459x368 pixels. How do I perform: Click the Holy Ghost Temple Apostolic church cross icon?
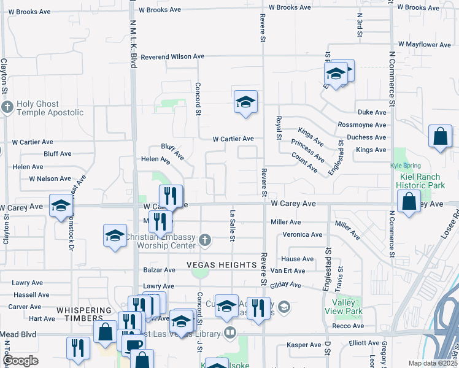tap(7, 108)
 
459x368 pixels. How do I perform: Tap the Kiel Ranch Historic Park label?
tap(419, 180)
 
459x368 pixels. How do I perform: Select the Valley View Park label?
tap(347, 307)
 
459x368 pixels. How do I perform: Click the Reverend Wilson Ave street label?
tap(172, 56)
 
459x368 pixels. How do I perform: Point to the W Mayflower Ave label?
tap(424, 45)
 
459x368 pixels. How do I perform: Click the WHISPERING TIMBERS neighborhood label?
tap(85, 310)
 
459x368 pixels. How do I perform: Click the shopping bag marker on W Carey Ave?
tap(409, 202)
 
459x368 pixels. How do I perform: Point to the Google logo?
tap(20, 361)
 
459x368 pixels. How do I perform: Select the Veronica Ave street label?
tap(302, 234)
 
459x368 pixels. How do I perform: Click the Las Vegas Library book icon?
tap(230, 332)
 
